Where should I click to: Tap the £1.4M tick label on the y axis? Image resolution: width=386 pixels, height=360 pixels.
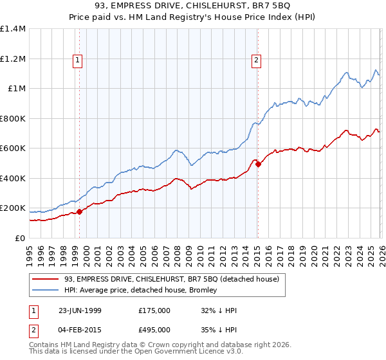pyautogui.click(x=13, y=29)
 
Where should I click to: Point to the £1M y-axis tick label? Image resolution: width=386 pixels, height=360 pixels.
pyautogui.click(x=17, y=89)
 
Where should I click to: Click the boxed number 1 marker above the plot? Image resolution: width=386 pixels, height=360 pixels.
pyautogui.click(x=77, y=60)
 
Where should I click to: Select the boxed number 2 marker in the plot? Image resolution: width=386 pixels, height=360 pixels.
pyautogui.click(x=256, y=60)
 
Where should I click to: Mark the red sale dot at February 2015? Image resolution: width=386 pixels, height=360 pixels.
pyautogui.click(x=258, y=165)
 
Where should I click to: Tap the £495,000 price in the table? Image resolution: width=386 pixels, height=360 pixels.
pyautogui.click(x=154, y=330)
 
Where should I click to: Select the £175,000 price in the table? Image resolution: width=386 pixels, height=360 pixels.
pyautogui.click(x=154, y=310)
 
